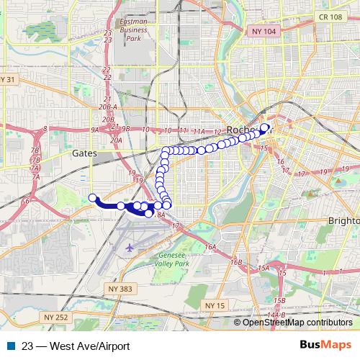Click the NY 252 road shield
coord(53,316)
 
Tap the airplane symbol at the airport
coord(130,248)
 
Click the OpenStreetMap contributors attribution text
coord(297,323)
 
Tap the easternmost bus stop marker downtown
coord(264,128)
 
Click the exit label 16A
coord(210,247)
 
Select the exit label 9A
coord(94,130)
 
